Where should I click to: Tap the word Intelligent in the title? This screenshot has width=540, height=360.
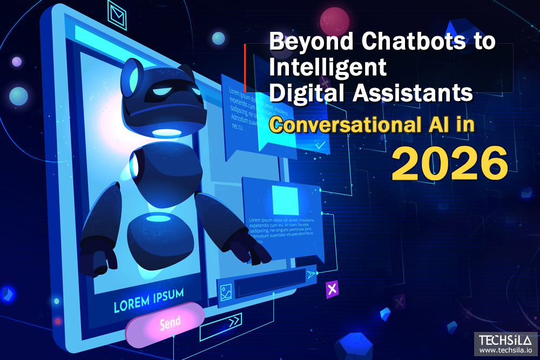pos(328,67)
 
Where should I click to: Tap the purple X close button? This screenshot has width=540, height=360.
pos(332,289)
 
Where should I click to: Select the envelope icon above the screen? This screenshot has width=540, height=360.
pos(117,11)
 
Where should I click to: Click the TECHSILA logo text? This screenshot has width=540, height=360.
pos(505,341)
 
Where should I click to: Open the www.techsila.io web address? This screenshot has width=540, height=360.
pos(505,351)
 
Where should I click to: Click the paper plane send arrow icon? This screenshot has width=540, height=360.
pos(312,275)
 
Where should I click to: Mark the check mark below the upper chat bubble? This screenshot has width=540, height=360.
pos(320,145)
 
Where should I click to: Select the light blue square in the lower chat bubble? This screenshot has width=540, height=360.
pos(285,200)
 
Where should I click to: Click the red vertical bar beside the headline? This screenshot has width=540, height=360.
pos(245,67)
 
